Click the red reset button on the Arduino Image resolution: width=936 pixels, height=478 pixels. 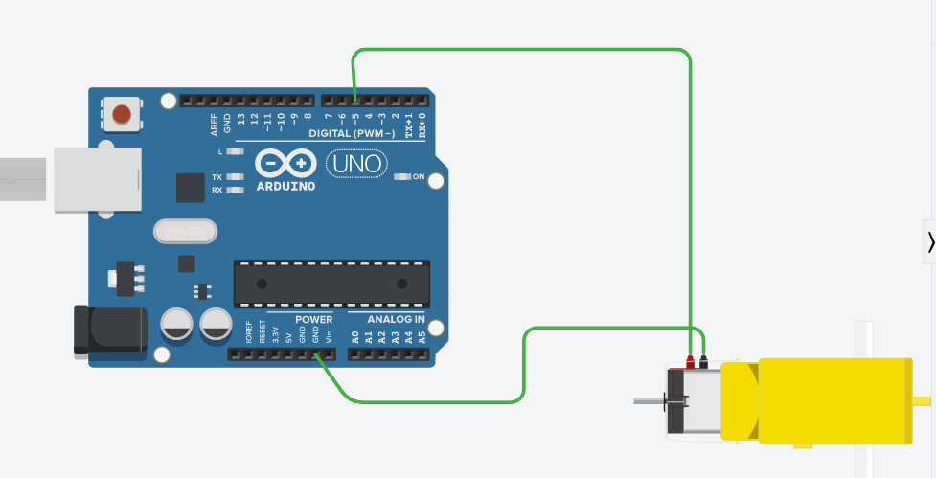tap(122, 115)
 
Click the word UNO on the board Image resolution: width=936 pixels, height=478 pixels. tap(358, 165)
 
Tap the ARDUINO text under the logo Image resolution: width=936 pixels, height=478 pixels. tap(285, 186)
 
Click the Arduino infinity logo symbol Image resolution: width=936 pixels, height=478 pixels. tap(285, 165)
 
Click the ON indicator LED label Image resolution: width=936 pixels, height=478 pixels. tap(419, 176)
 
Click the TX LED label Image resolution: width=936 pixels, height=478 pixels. tap(217, 178)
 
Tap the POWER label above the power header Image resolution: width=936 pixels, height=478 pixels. tap(314, 319)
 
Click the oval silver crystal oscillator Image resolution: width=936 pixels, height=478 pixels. tap(185, 231)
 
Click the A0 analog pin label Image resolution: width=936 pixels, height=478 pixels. tap(355, 336)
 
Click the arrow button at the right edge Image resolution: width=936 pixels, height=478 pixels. tap(929, 243)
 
